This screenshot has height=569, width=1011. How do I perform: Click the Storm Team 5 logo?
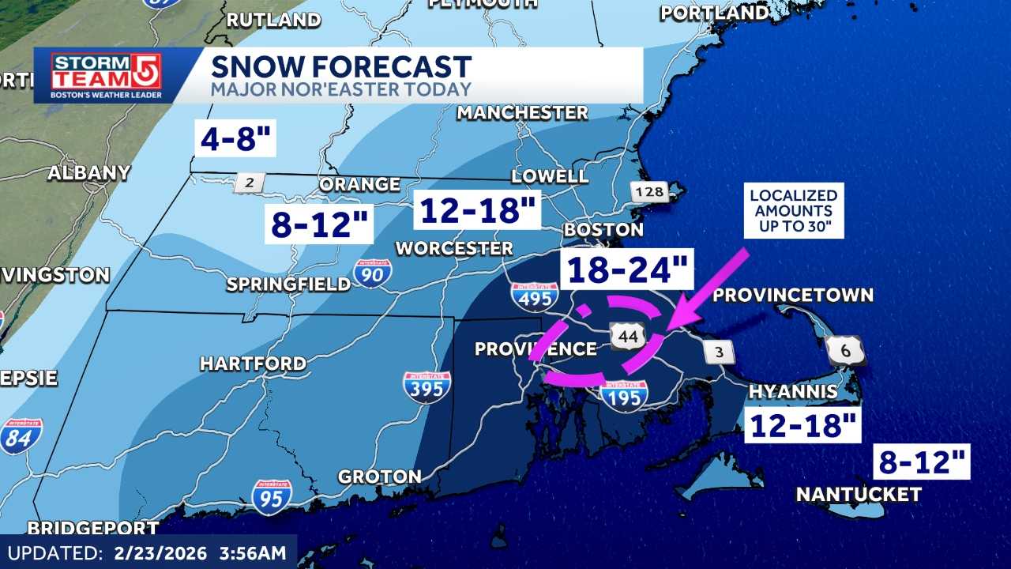point(107,76)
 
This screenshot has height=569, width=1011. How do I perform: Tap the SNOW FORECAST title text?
point(340,66)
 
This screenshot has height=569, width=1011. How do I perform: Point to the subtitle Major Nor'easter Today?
point(340,89)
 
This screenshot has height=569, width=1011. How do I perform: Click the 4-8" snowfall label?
point(235,141)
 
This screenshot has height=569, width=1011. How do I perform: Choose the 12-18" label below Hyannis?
point(803,426)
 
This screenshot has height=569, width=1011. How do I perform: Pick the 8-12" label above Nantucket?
point(922,462)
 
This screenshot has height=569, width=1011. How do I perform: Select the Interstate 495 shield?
point(534,297)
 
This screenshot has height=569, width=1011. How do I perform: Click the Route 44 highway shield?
point(629,337)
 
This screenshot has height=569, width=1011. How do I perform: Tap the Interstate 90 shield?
point(372,273)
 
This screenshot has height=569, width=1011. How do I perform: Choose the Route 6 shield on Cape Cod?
point(844,350)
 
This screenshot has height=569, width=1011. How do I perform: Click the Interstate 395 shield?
point(427,387)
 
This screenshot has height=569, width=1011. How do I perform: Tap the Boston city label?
point(603,230)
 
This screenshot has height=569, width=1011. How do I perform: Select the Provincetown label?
point(793,295)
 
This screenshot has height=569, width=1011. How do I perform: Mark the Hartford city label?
point(253,364)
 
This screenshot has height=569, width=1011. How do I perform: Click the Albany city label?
point(88,173)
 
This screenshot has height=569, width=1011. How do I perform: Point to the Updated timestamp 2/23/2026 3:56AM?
point(148,552)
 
